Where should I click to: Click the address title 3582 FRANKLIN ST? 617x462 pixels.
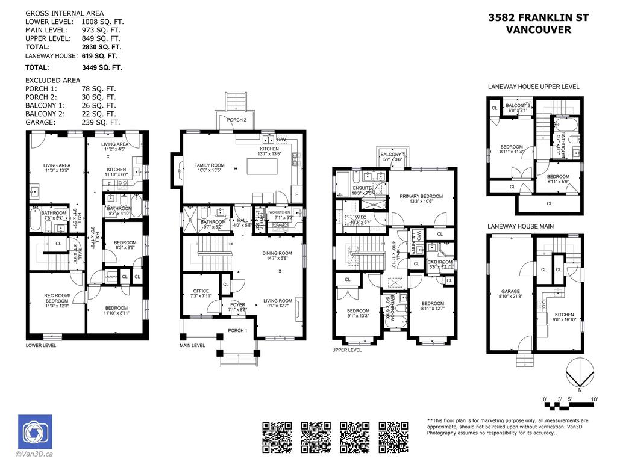(x=538, y=18)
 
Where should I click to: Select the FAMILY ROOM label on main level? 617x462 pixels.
(x=209, y=165)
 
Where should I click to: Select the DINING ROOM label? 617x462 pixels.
(x=277, y=253)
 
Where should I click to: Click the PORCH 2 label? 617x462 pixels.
(x=237, y=120)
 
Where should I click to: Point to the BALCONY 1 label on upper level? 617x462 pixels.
(x=392, y=155)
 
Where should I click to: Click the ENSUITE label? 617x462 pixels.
(x=362, y=188)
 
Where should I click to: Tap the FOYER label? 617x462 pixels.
(x=238, y=304)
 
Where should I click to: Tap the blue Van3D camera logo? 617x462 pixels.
(x=35, y=432)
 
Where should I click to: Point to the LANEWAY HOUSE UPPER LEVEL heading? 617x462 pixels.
(x=533, y=87)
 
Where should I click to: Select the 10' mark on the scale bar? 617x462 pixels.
(x=594, y=399)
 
